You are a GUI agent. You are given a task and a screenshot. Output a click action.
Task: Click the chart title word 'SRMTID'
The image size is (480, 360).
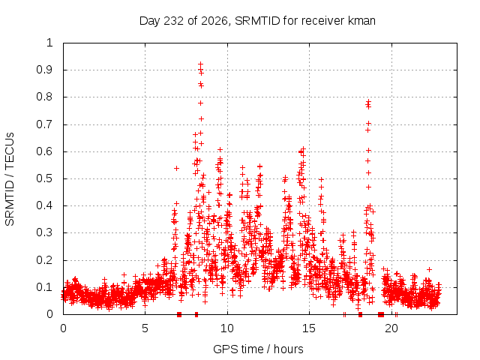[257, 21]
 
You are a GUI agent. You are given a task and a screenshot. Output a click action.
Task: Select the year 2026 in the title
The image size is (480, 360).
[214, 21]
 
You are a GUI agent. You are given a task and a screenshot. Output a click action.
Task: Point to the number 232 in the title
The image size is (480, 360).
[174, 21]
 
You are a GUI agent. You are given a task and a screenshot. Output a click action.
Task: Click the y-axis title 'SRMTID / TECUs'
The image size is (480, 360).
[10, 179]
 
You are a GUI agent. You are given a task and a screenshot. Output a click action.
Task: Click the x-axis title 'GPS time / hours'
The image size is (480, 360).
[258, 349]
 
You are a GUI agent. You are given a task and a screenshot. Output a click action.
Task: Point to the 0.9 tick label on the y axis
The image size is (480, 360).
[44, 70]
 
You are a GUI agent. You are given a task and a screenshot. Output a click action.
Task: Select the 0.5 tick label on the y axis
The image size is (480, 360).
[44, 178]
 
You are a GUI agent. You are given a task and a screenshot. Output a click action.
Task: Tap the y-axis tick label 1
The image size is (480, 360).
[49, 43]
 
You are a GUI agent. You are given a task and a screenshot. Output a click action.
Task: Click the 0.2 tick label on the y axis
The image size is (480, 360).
[44, 260]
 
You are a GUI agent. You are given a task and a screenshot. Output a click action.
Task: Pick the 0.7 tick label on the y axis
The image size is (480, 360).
[44, 124]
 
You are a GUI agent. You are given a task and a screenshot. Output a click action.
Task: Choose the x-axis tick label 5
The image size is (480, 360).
[145, 328]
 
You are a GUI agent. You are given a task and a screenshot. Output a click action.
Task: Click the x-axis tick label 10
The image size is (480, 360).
[227, 328]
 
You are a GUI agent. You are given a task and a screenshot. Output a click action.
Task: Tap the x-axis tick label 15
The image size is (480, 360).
[309, 328]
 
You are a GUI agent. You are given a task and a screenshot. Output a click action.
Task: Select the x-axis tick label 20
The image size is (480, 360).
[391, 328]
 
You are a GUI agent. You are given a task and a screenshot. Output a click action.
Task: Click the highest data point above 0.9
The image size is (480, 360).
[201, 64]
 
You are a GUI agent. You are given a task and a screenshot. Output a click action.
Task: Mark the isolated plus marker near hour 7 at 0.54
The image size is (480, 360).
[176, 168]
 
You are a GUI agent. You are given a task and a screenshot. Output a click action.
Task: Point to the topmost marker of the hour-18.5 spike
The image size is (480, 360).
[368, 100]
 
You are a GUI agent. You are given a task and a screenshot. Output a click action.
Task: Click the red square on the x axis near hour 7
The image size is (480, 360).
[179, 314]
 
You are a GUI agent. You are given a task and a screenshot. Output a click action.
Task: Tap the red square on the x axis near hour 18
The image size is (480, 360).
[360, 314]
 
